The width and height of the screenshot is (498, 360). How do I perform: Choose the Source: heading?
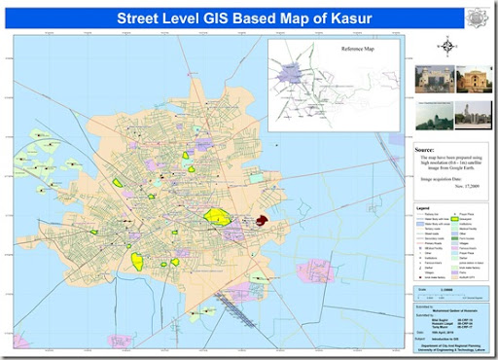(424, 151)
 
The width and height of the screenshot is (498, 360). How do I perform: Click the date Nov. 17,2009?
(454, 185)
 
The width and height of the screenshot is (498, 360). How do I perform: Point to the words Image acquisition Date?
(440, 178)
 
